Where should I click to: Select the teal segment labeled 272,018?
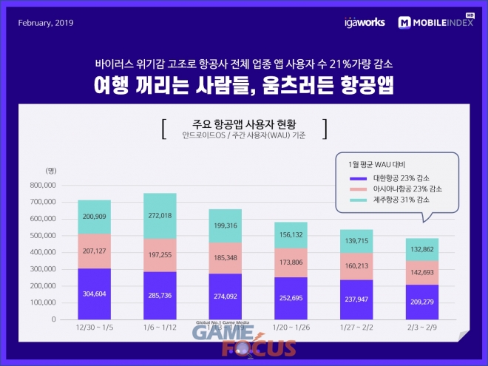(159, 215)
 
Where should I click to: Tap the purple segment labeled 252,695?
(291, 298)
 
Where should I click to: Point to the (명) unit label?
(50, 171)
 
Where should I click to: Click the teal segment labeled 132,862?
(422, 249)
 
